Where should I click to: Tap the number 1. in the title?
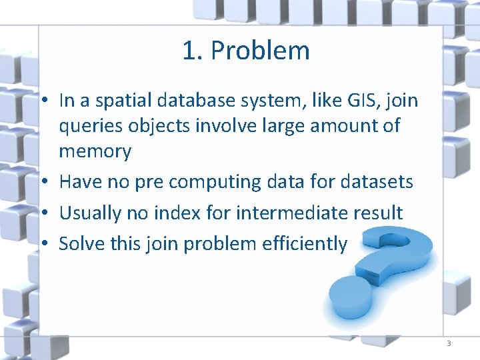click(193, 51)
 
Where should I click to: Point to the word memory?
click(95, 151)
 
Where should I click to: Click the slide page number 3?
click(448, 343)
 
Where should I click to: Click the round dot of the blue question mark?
click(347, 297)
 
